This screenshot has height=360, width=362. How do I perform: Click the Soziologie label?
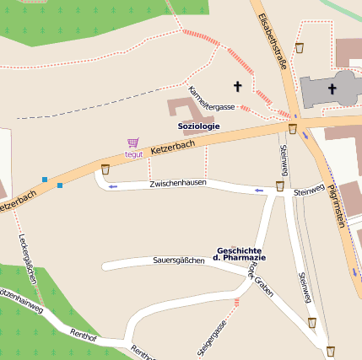click(199, 126)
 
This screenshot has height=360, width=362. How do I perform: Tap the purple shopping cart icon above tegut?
click(132, 143)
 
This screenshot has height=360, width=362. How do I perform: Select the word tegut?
click(133, 154)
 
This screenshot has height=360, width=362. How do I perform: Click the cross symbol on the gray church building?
click(332, 89)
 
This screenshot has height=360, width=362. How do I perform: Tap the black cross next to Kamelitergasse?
click(237, 85)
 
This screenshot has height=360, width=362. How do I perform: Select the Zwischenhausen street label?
click(178, 183)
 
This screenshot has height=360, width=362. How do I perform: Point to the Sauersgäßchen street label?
click(179, 261)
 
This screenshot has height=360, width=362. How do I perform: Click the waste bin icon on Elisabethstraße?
click(300, 48)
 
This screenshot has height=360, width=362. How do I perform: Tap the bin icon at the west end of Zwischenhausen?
click(105, 169)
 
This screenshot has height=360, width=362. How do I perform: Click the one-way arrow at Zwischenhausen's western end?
click(113, 185)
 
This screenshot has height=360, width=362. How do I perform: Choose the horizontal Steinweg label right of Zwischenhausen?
click(309, 192)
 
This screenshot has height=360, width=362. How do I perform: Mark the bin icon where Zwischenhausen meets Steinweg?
click(279, 185)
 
